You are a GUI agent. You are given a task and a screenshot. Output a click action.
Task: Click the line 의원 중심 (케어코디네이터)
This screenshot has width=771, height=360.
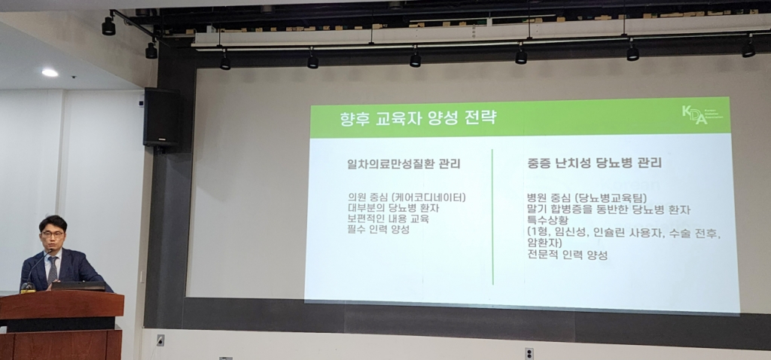(402, 197)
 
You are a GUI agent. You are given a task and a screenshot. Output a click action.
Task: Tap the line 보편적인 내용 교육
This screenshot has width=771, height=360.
(384, 218)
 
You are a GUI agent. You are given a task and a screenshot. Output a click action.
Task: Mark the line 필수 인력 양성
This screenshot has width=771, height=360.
(374, 229)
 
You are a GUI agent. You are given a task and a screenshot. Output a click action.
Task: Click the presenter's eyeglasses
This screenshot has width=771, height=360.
(53, 234)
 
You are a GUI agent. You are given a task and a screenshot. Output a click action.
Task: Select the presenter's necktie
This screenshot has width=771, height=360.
(53, 269)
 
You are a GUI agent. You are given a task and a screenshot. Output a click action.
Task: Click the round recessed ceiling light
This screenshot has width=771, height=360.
(50, 72)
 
